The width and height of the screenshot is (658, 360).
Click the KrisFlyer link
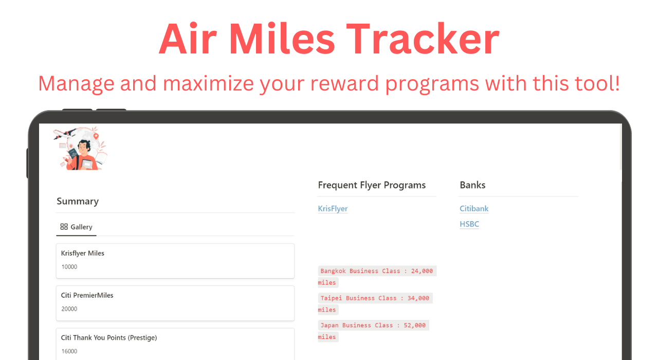click(x=333, y=209)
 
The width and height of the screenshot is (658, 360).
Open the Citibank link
click(x=474, y=209)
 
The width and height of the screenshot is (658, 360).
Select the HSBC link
click(x=469, y=224)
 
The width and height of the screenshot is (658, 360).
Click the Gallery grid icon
click(x=64, y=227)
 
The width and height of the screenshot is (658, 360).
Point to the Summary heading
click(x=78, y=201)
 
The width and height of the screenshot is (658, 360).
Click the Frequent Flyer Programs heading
click(x=372, y=185)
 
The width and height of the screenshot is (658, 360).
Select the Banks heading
click(x=472, y=185)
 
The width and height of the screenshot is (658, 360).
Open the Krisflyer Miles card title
click(x=83, y=253)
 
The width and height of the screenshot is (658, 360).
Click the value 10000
click(x=69, y=267)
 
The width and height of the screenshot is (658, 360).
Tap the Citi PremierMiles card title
click(x=87, y=295)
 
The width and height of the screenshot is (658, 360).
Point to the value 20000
click(x=69, y=309)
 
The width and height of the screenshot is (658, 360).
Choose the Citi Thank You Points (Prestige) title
click(x=109, y=338)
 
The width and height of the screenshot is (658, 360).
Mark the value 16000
click(x=69, y=351)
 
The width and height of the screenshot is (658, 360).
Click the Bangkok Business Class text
click(x=360, y=271)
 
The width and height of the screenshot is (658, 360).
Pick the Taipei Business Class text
click(x=358, y=298)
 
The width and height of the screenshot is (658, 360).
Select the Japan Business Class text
click(x=357, y=326)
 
